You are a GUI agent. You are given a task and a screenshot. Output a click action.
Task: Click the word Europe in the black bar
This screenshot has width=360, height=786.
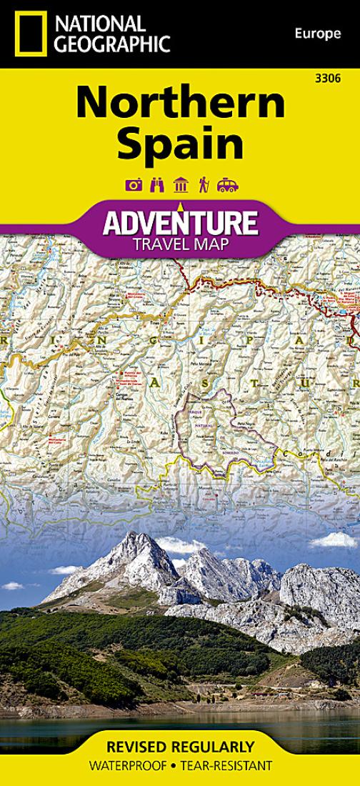[x=315, y=34]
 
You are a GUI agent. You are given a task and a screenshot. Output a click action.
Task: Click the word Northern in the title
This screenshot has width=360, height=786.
[x=180, y=104]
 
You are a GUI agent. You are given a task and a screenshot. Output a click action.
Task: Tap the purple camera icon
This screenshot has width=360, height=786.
[x=133, y=185]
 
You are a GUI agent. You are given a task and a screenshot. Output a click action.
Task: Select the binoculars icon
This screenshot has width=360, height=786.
[x=156, y=185]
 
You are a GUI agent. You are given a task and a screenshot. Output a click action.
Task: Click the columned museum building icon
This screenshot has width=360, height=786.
[x=180, y=185]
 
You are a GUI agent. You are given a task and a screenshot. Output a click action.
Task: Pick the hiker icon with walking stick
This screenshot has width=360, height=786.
[x=203, y=185]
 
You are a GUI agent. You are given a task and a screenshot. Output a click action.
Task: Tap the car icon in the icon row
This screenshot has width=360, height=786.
[x=227, y=185]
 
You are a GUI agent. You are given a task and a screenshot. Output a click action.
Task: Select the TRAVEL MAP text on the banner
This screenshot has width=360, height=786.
[x=180, y=246]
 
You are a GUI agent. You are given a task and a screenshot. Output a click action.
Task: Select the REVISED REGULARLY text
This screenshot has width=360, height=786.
[x=180, y=748]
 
